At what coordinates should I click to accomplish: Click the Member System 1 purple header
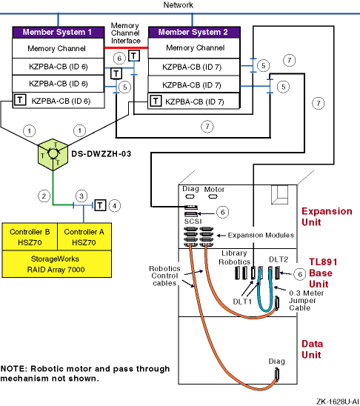point(59,33)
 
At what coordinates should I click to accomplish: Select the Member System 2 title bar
point(194,33)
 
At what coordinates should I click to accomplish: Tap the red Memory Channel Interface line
point(126,47)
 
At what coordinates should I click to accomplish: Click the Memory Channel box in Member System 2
point(194,48)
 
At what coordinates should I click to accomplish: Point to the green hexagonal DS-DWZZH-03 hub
point(53,155)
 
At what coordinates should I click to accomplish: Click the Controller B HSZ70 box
point(30,237)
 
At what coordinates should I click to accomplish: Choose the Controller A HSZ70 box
point(84,237)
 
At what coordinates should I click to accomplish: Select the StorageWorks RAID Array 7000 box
point(57,264)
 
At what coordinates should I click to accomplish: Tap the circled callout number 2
point(44,196)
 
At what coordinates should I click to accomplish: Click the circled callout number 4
point(114,206)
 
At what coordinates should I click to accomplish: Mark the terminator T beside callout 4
point(100,205)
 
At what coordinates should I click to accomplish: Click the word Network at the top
point(179,5)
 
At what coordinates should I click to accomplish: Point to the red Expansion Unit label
point(327,217)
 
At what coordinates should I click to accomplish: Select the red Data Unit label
point(312,349)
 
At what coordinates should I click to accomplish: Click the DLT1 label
point(242,302)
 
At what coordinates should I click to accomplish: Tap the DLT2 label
point(279,259)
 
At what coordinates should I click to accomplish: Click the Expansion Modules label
point(261,235)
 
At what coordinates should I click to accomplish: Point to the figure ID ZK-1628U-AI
point(338,402)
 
